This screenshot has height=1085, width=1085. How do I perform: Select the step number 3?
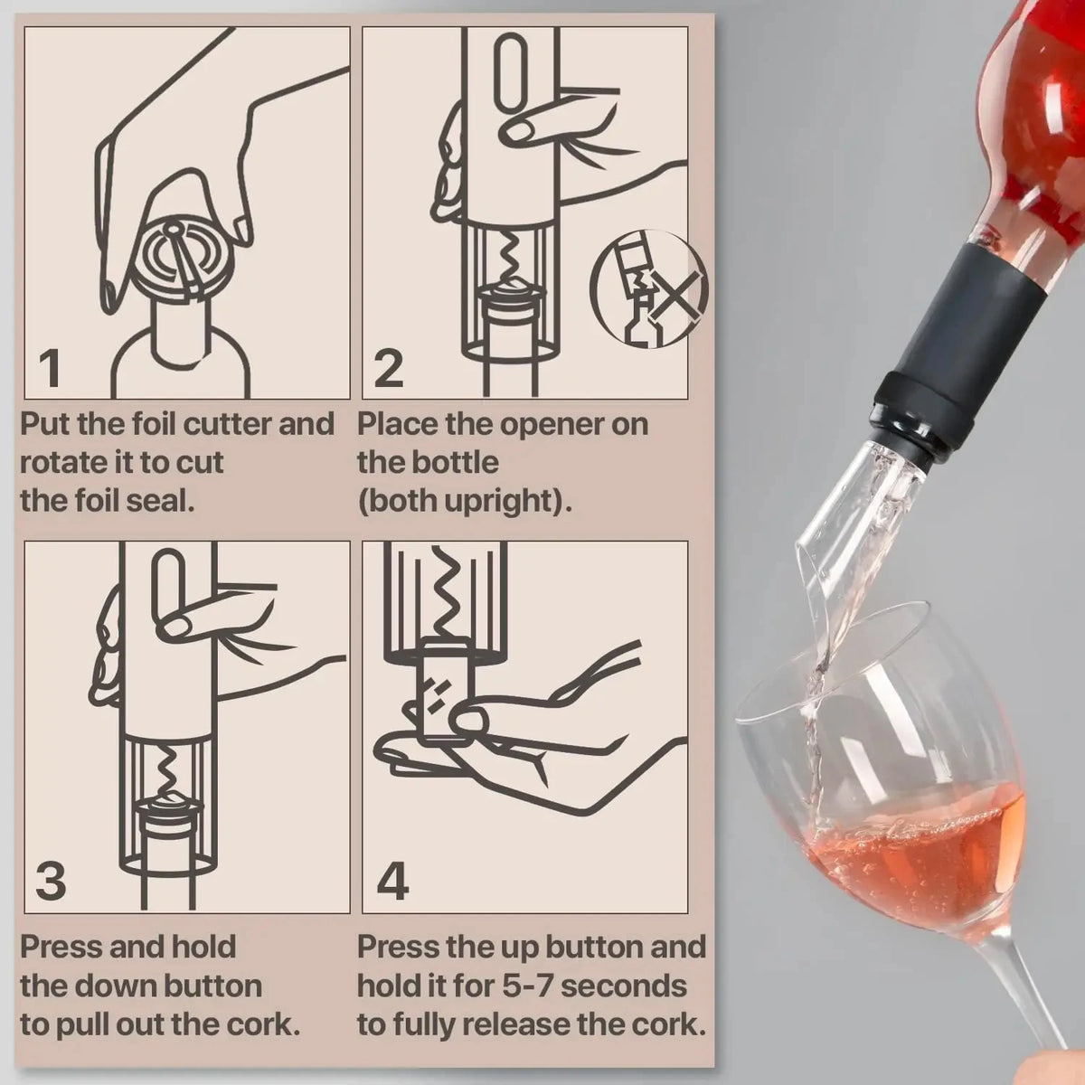click(x=51, y=880)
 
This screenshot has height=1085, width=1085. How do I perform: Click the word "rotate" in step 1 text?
click(x=61, y=462)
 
